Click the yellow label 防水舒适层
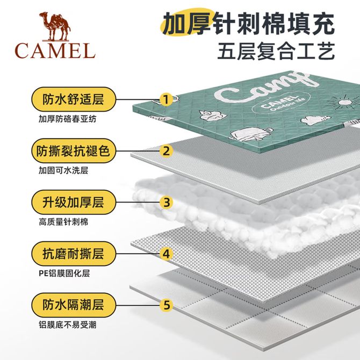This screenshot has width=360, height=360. (x=74, y=100)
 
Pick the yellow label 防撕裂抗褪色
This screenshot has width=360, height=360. (x=74, y=151)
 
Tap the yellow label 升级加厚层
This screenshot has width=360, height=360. (x=74, y=202)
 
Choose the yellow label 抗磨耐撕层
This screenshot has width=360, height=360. (x=74, y=253)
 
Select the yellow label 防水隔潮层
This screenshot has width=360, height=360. (x=74, y=304)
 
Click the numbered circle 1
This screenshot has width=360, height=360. (x=167, y=99)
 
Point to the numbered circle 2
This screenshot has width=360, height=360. (x=167, y=150)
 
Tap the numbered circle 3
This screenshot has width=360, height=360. (x=167, y=202)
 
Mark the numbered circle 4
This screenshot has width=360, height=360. (x=167, y=253)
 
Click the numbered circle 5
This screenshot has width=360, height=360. (x=167, y=305)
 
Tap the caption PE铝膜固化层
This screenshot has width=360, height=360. (x=64, y=273)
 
